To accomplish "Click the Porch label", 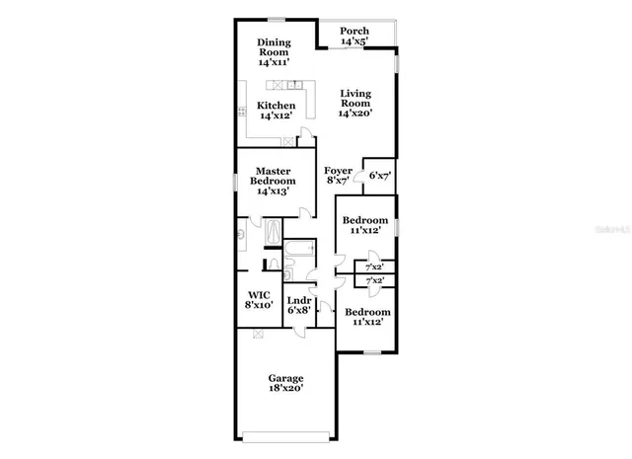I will click(x=354, y=31).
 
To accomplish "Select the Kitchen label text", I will click(x=276, y=105).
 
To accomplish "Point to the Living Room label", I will click(x=355, y=99).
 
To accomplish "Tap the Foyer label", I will click(x=338, y=170).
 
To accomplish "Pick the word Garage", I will click(x=286, y=378).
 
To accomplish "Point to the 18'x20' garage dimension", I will click(x=286, y=389).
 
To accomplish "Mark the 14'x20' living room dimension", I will click(x=355, y=115).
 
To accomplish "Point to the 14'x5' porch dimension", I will click(x=354, y=41).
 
